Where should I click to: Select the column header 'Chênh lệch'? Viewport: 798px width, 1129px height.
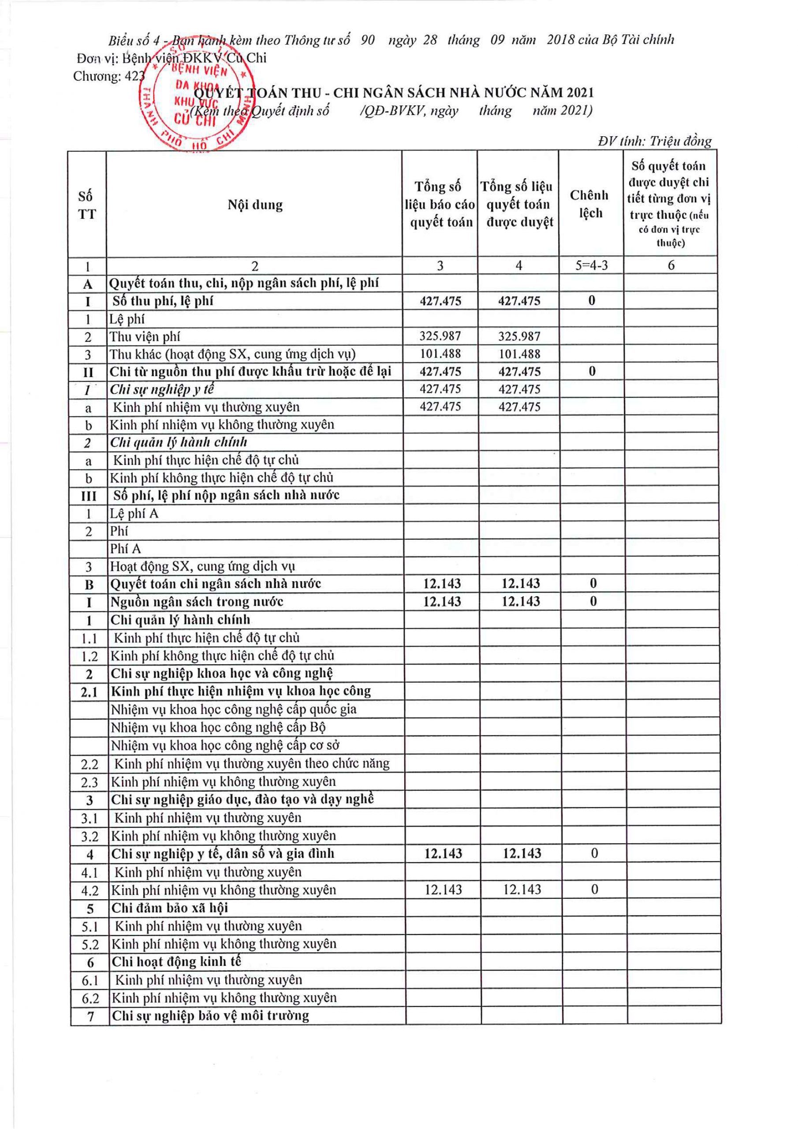590,204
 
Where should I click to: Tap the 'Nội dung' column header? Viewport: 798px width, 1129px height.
255,205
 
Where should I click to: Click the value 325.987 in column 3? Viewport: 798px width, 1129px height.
440,336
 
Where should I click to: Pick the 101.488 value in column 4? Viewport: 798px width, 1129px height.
519,354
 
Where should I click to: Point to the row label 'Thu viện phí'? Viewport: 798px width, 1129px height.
145,337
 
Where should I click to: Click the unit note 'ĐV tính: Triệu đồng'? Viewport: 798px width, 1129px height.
654,142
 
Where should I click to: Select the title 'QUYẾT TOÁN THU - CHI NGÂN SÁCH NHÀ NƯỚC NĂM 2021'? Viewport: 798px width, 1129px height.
393,93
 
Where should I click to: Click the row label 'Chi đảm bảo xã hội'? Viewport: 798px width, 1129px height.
170,908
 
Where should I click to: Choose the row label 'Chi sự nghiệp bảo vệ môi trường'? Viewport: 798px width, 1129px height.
210,1016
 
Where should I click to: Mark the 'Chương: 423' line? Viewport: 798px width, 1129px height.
108,76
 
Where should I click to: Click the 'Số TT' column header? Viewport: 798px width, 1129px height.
86,205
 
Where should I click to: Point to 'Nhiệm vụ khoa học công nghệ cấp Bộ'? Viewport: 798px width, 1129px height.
218,727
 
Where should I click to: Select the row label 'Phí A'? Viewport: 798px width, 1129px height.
125,549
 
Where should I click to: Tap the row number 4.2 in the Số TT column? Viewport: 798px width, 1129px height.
90,890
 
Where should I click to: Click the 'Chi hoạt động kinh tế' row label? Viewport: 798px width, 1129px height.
176,962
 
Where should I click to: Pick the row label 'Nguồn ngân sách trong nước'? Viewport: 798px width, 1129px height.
197,602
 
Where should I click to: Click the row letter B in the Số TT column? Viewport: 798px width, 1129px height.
89,584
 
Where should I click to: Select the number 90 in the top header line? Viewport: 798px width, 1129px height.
367,40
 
